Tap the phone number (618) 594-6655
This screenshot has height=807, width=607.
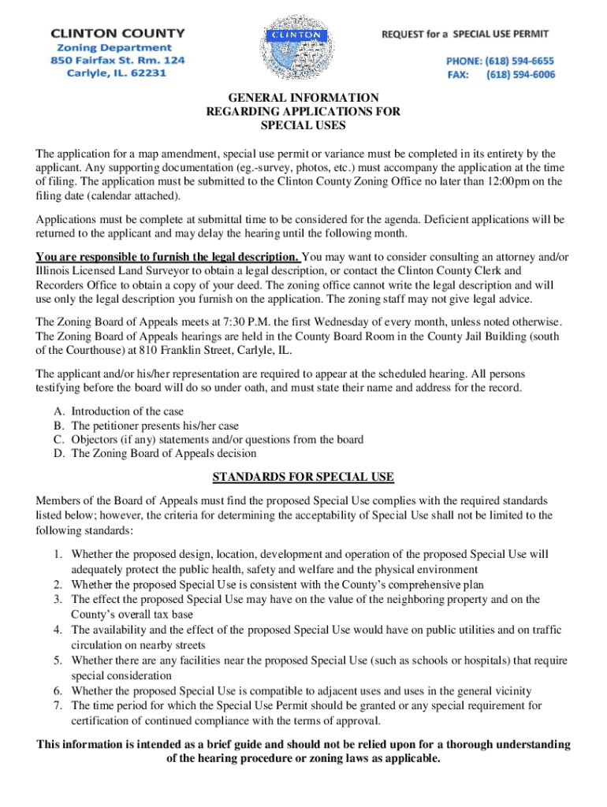(x=520, y=61)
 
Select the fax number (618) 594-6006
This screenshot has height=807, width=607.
(x=520, y=75)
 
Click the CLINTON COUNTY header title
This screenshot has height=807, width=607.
(x=118, y=33)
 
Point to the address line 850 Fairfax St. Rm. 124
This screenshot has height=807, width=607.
(x=118, y=60)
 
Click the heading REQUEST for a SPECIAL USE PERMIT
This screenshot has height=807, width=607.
(x=465, y=34)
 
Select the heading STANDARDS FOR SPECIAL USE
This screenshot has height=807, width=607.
(x=303, y=478)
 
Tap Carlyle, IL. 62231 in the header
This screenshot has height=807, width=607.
(x=116, y=73)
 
